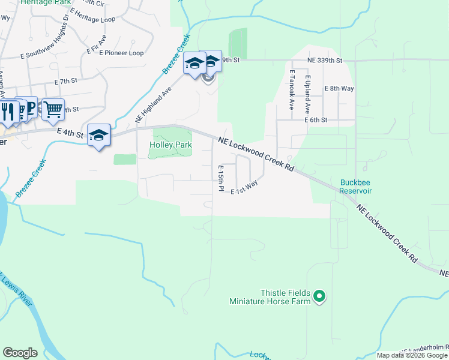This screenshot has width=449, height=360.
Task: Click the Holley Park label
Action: (x=171, y=145)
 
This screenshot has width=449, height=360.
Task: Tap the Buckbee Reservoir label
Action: (x=356, y=187)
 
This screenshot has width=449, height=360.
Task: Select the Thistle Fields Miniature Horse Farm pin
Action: (x=320, y=295)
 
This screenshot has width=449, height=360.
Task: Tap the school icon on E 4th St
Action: (x=99, y=136)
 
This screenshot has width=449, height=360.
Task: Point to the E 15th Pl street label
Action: (x=221, y=178)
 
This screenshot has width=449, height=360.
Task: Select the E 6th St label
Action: (x=315, y=120)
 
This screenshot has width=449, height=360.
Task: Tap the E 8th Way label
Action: (x=339, y=88)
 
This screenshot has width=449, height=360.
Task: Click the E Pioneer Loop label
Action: (x=122, y=53)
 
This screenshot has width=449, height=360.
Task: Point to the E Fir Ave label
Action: (x=97, y=46)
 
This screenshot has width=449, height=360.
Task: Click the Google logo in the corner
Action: (x=20, y=353)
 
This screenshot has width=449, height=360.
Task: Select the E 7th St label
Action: (x=66, y=81)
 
